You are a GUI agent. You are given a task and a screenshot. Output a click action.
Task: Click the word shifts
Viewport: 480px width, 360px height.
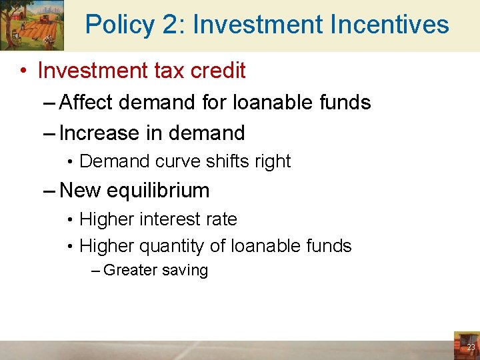pyautogui.click(x=221, y=161)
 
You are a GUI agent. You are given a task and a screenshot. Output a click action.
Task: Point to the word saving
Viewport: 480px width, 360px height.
pyautogui.click(x=185, y=271)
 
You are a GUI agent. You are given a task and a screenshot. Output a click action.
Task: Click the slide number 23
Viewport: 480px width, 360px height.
pyautogui.click(x=471, y=347)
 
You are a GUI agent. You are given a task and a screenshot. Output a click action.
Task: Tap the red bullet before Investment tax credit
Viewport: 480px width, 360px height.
pyautogui.click(x=23, y=71)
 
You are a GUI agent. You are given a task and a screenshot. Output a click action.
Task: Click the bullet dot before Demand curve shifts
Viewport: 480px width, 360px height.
pyautogui.click(x=69, y=162)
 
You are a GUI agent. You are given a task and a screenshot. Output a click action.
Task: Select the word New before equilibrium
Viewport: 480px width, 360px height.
pyautogui.click(x=79, y=191)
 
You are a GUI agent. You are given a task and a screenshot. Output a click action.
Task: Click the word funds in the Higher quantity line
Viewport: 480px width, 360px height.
pyautogui.click(x=326, y=246)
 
